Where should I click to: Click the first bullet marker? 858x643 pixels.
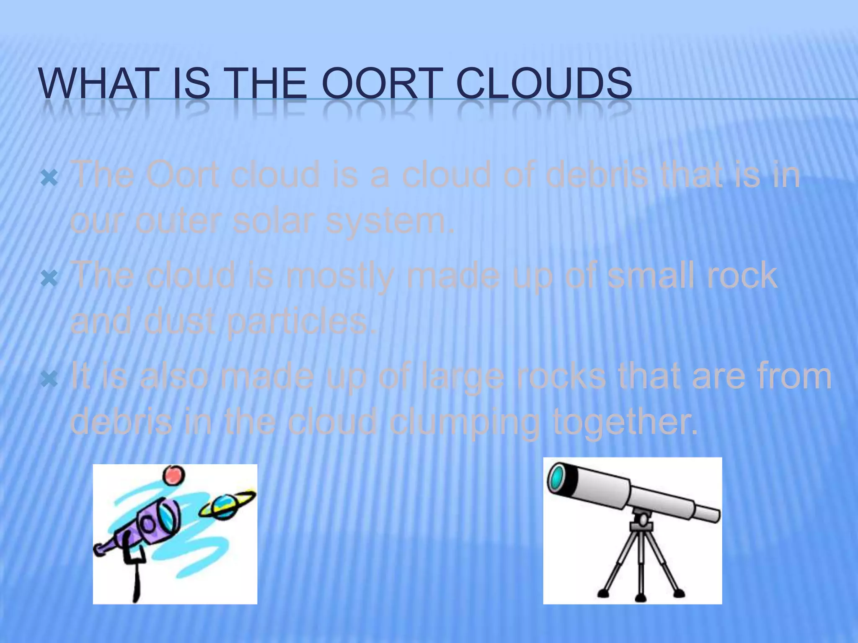[x=49, y=179]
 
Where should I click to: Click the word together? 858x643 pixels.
[x=624, y=422]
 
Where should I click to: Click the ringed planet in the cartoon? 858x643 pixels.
[x=226, y=506]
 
